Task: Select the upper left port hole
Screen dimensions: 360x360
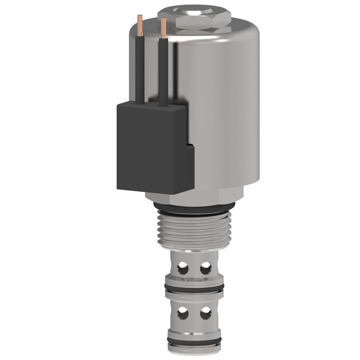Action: coord(183,268)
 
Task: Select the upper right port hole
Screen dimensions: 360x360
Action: coord(206,268)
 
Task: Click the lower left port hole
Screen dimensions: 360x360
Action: coord(183,313)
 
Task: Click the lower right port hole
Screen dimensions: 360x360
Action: coord(206,313)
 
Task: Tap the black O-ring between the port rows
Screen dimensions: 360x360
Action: coord(194,287)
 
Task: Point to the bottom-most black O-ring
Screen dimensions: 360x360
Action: coord(194,340)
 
